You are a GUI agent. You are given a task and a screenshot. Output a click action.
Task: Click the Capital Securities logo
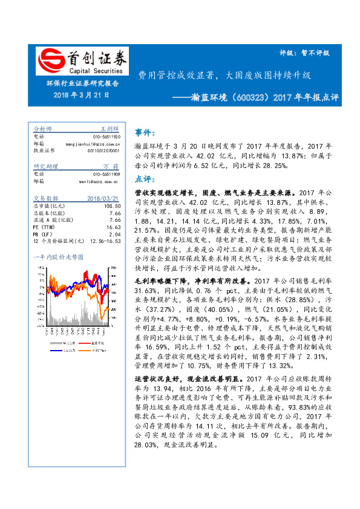coord(82,60)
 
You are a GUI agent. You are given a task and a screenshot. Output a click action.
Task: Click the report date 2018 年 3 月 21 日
coord(82,96)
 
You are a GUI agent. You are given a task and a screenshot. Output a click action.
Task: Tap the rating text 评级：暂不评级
coord(308,53)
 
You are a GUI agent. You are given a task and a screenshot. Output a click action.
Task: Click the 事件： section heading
coord(143,132)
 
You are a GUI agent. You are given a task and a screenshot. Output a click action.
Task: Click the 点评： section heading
coord(143,179)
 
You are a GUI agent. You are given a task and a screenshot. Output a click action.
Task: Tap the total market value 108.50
coord(113,206)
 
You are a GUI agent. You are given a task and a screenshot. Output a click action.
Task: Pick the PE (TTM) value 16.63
coord(114,227)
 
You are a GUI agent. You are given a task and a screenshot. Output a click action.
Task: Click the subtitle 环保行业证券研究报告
coord(82,84)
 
